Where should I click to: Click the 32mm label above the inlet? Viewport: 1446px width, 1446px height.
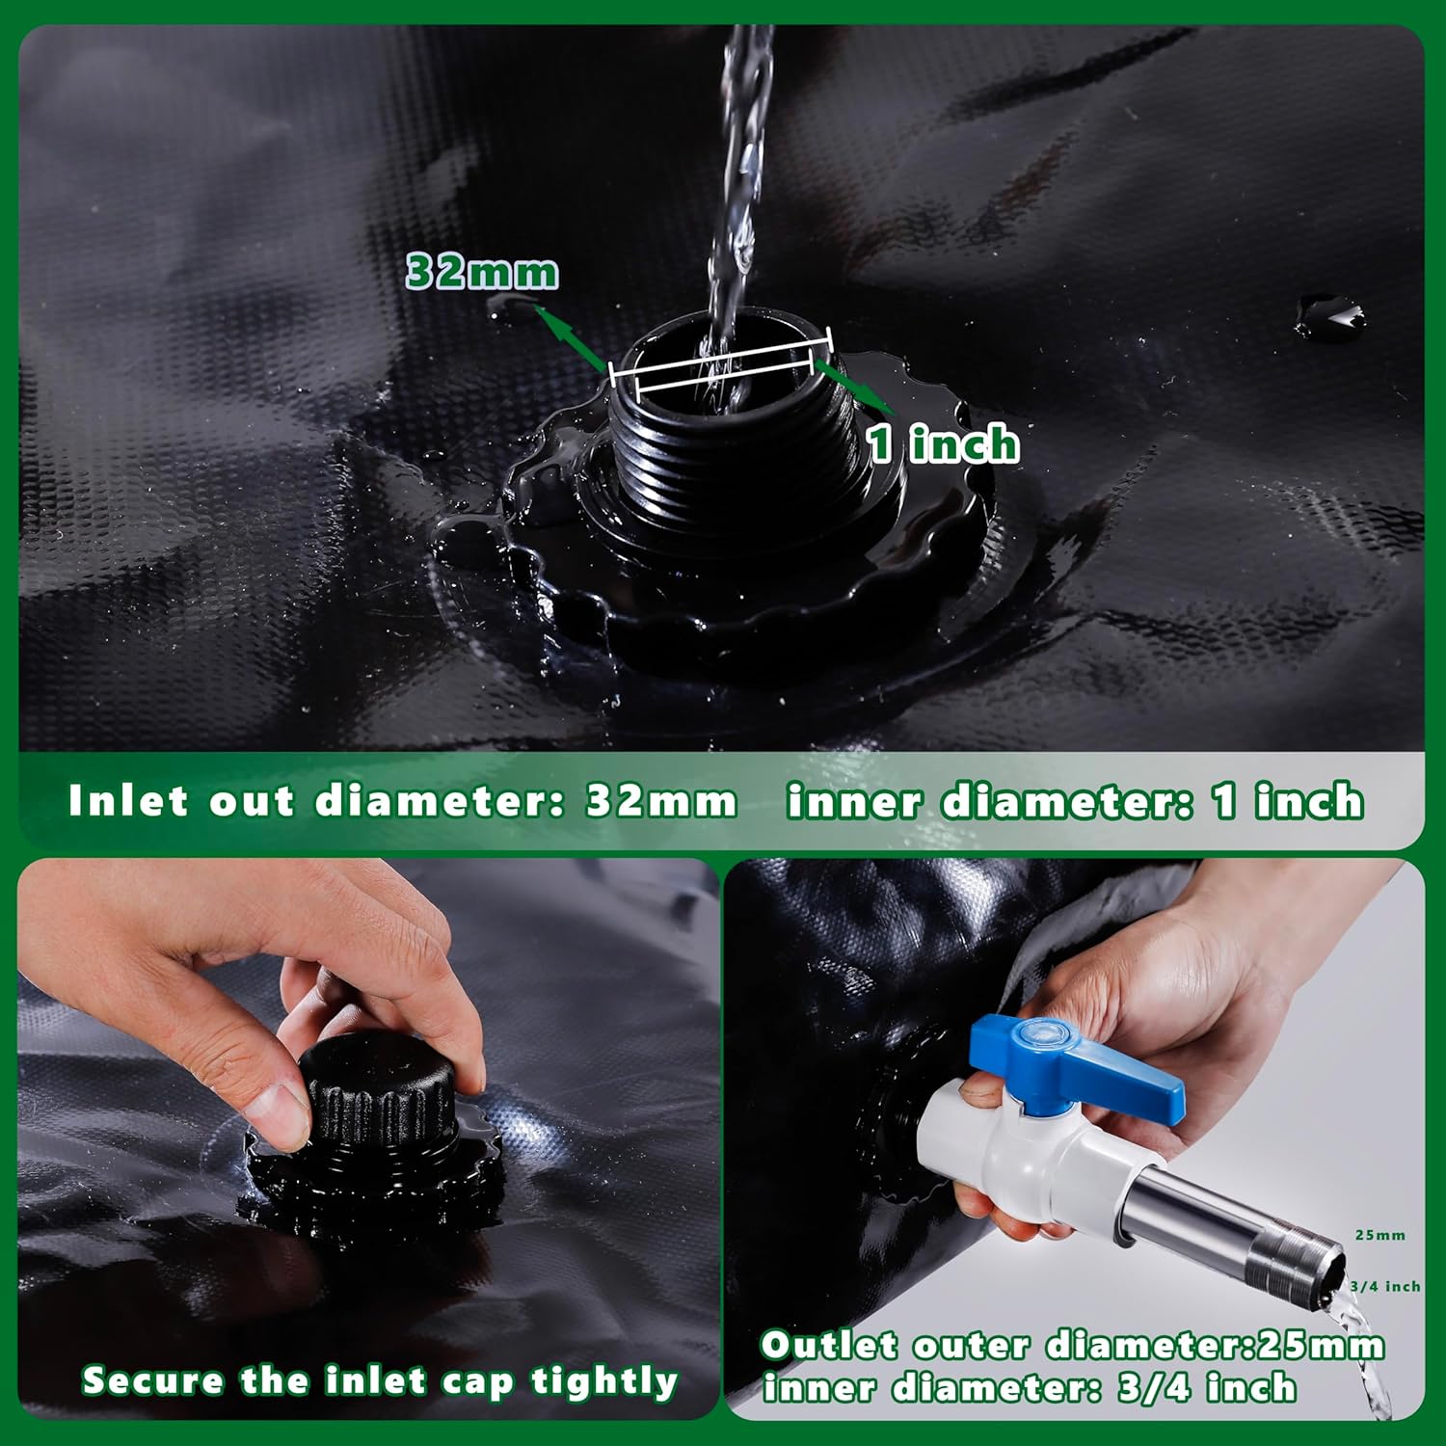click(482, 272)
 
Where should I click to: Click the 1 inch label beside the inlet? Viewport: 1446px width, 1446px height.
click(943, 443)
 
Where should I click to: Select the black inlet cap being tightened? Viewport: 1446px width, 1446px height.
click(378, 1089)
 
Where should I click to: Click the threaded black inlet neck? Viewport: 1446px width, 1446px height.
click(733, 453)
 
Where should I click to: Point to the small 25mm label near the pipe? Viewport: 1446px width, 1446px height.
click(1379, 1235)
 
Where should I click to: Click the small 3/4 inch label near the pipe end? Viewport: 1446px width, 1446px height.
click(1384, 1286)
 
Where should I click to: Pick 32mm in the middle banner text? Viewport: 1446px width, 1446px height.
click(661, 801)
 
